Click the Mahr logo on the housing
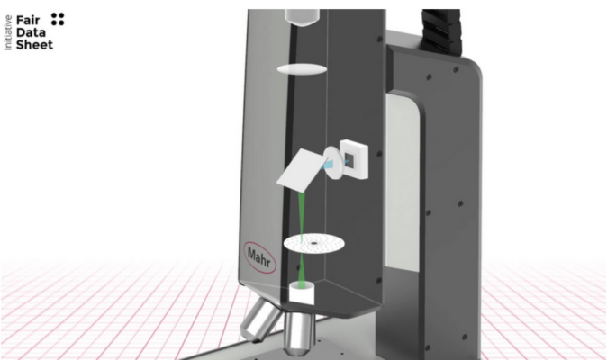click(259, 257)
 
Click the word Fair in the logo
click(28, 20)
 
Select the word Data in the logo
click(31, 32)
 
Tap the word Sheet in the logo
click(34, 45)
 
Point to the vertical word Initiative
click(8, 32)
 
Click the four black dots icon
click(58, 19)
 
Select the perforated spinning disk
click(314, 244)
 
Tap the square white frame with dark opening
click(354, 159)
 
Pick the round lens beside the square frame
click(333, 162)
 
